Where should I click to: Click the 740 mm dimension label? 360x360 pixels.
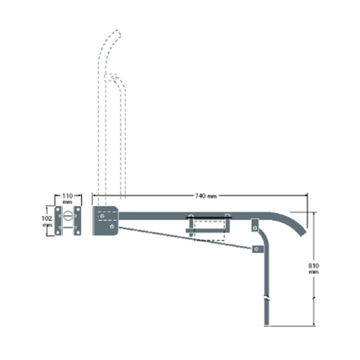pyautogui.click(x=206, y=196)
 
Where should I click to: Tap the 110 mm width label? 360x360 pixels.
pyautogui.click(x=68, y=199)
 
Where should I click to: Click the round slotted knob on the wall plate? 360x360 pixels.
pyautogui.click(x=68, y=217)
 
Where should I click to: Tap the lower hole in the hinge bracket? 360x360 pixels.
pyautogui.click(x=111, y=227)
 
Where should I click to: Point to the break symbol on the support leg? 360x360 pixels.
pyautogui.click(x=267, y=298)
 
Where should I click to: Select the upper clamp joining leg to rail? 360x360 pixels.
pyautogui.click(x=255, y=224)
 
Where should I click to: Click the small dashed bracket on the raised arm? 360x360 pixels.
pyautogui.click(x=111, y=77)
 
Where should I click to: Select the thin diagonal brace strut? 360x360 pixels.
pyautogui.click(x=184, y=238)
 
